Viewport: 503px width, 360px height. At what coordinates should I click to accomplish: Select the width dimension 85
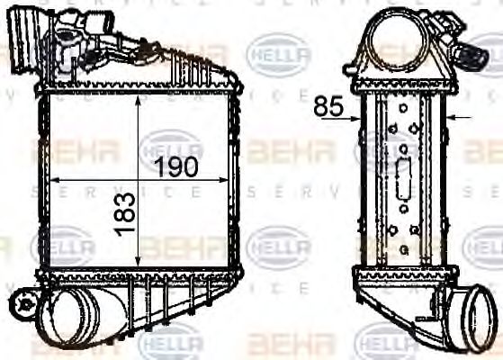click(329, 107)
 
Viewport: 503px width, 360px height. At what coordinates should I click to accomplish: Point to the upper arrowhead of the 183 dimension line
click(138, 100)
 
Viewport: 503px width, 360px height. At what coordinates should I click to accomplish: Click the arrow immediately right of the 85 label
click(355, 117)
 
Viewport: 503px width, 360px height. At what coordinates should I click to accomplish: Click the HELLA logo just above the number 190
click(170, 145)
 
